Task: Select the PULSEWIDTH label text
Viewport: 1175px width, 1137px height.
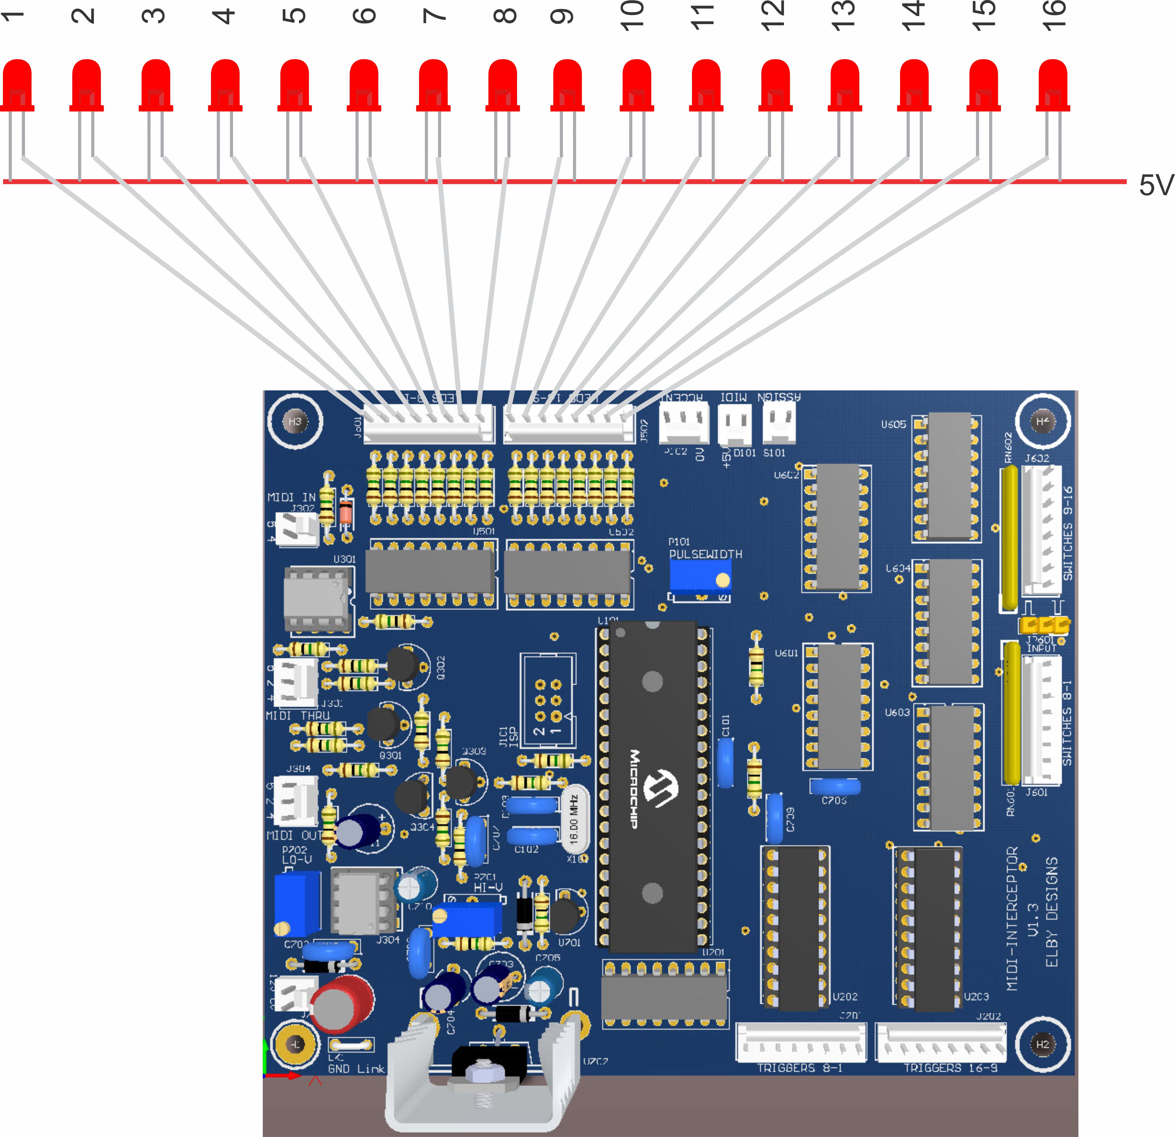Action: click(x=706, y=554)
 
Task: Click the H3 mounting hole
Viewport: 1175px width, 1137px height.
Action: click(x=295, y=421)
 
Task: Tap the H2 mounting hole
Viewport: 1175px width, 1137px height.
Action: click(x=1043, y=1044)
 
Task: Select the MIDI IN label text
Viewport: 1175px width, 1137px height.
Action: click(x=291, y=497)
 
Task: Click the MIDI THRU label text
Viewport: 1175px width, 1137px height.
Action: click(x=298, y=716)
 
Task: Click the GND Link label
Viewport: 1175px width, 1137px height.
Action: click(x=356, y=1069)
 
